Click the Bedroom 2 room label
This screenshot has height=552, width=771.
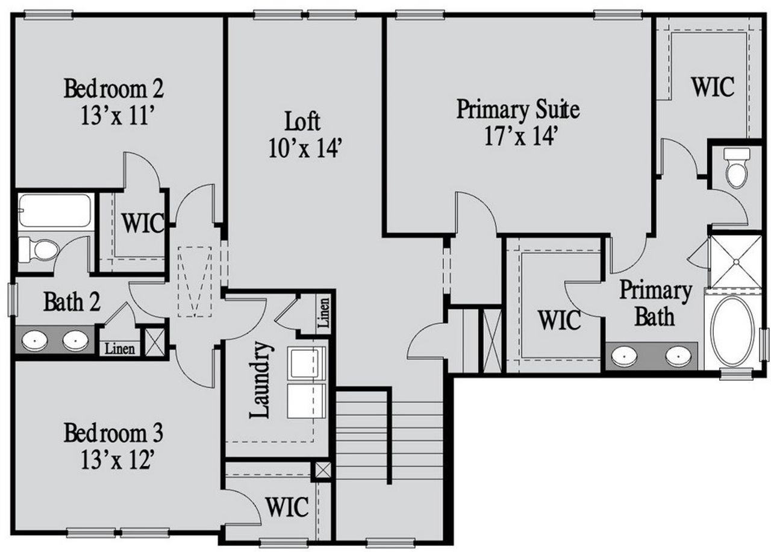point(113,89)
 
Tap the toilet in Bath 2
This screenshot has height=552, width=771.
point(38,248)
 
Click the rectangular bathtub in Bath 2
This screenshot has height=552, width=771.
point(54,210)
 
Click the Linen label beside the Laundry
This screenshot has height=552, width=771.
point(323,313)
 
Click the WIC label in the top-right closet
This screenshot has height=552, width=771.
point(713,87)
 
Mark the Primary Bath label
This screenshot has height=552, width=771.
point(655,304)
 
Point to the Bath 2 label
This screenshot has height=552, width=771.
point(72,302)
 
